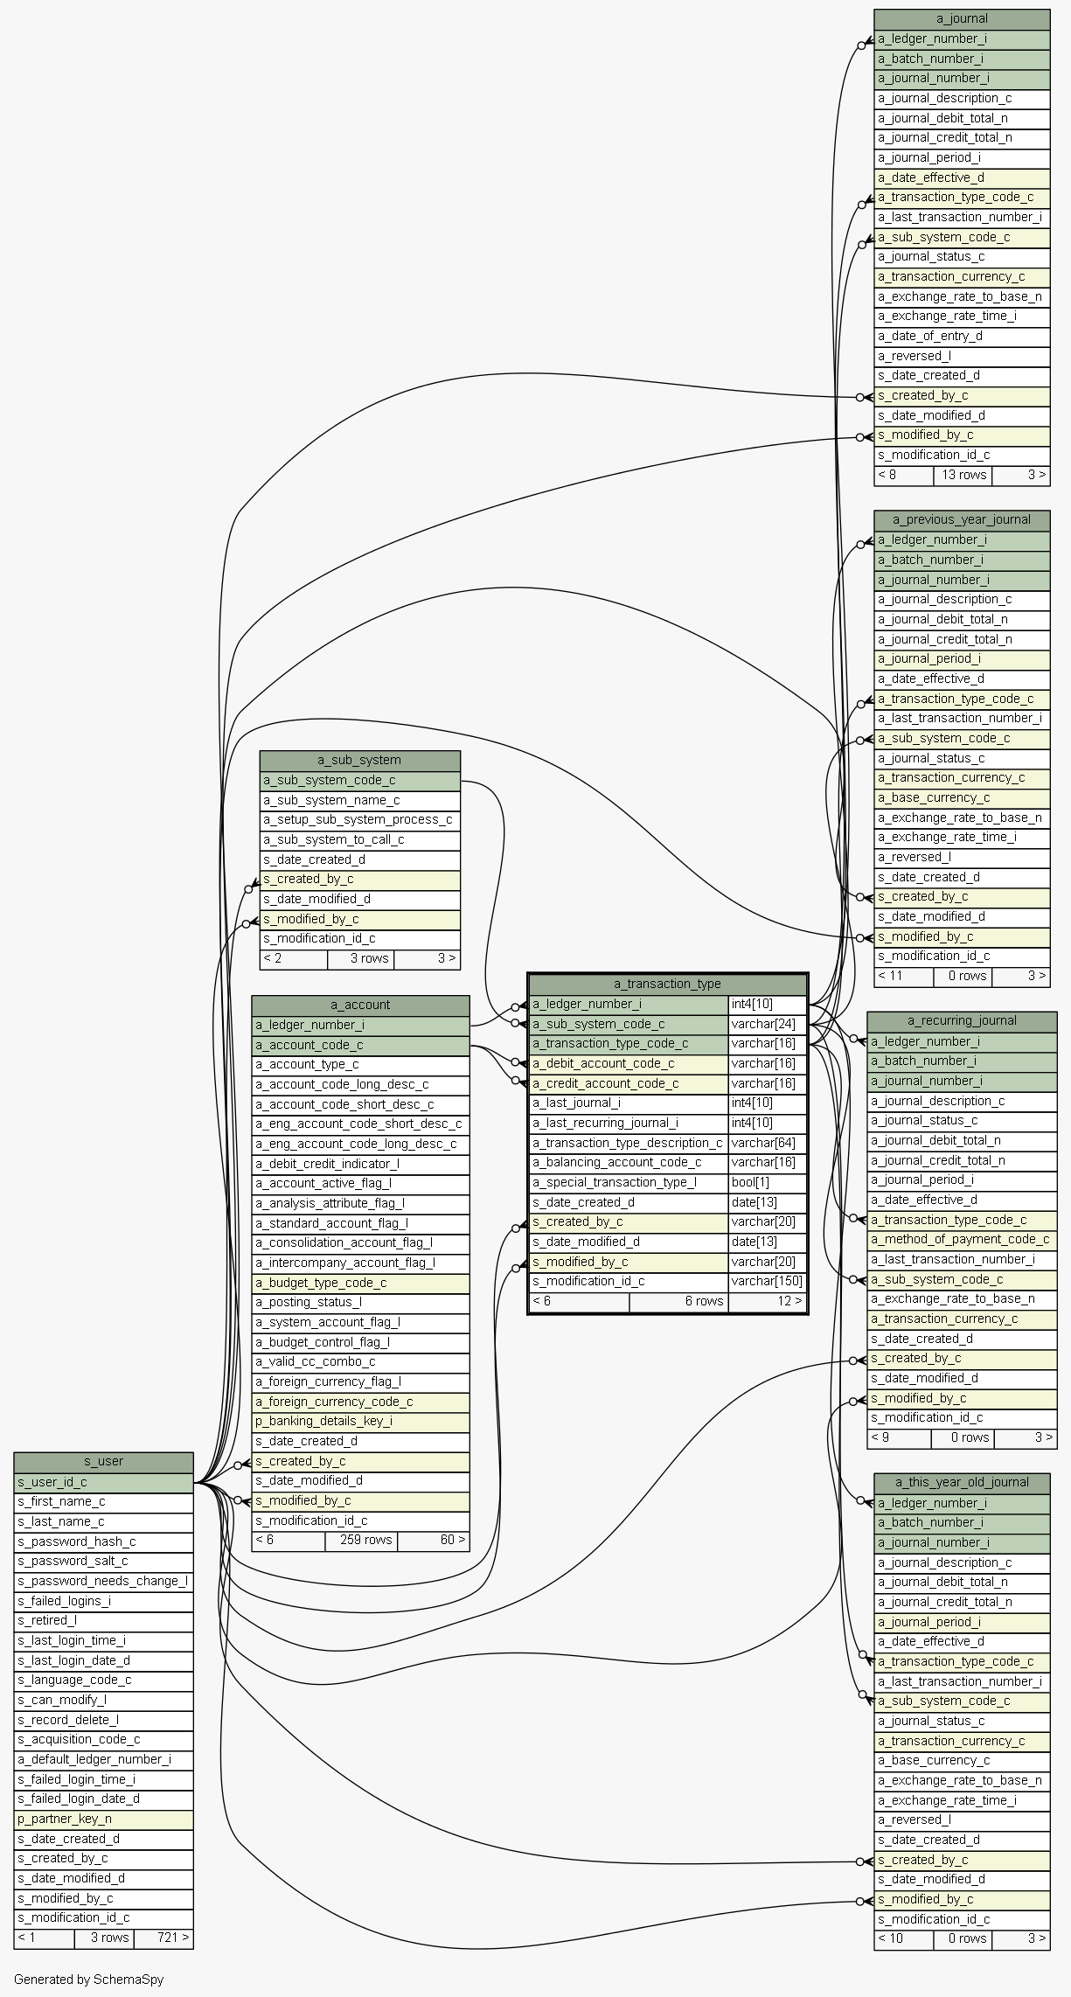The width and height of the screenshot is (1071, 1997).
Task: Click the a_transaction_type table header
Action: [x=667, y=984]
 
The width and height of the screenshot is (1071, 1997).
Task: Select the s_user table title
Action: [x=103, y=1461]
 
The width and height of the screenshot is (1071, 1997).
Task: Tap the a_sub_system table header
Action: [x=359, y=760]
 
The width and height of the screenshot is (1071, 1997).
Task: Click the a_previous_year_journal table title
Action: [x=962, y=519]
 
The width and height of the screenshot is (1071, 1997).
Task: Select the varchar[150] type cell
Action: [x=767, y=1281]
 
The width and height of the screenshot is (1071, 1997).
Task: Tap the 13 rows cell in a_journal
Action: [x=963, y=475]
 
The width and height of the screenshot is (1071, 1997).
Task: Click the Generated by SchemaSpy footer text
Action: [x=88, y=1979]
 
